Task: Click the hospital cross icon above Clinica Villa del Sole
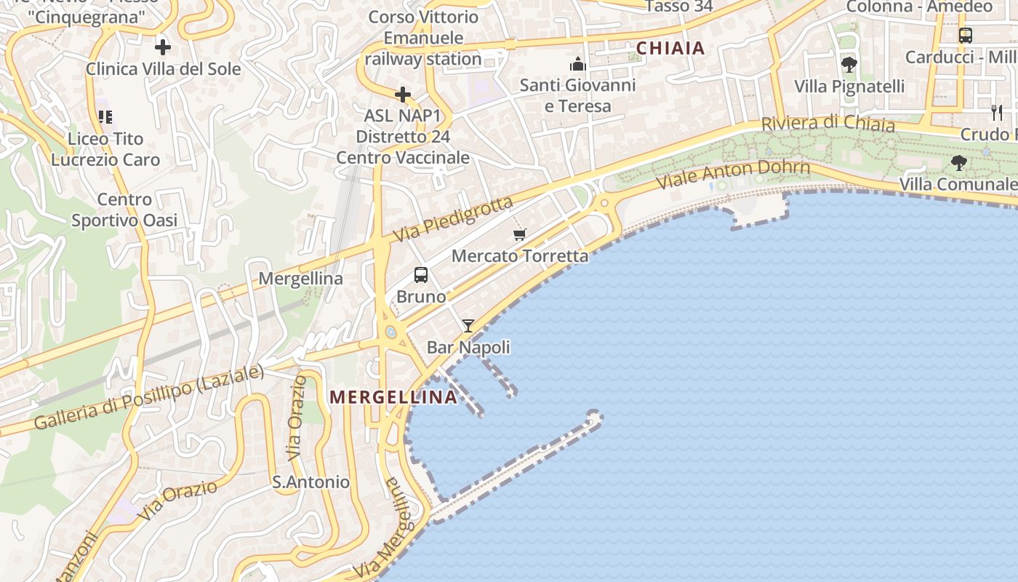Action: [x=163, y=48]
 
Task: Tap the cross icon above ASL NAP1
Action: [x=403, y=95]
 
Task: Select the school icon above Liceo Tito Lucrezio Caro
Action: [x=106, y=116]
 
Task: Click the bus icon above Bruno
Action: [x=421, y=275]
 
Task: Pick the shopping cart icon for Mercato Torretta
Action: [x=519, y=234]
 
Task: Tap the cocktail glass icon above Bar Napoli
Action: [x=468, y=326]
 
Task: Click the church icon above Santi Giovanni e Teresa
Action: [x=578, y=64]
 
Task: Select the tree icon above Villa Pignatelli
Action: [x=849, y=65]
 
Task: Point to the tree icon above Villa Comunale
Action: [x=959, y=163]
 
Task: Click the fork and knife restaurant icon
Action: [x=996, y=112]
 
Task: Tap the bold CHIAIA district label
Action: [x=670, y=49]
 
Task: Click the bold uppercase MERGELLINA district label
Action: [x=393, y=397]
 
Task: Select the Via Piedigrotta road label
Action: [x=453, y=219]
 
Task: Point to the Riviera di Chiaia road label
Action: [x=827, y=124]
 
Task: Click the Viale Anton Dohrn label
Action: [x=733, y=175]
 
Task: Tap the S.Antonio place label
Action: [x=310, y=482]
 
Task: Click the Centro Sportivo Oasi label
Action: [x=124, y=210]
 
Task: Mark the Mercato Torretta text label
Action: [x=520, y=256]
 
